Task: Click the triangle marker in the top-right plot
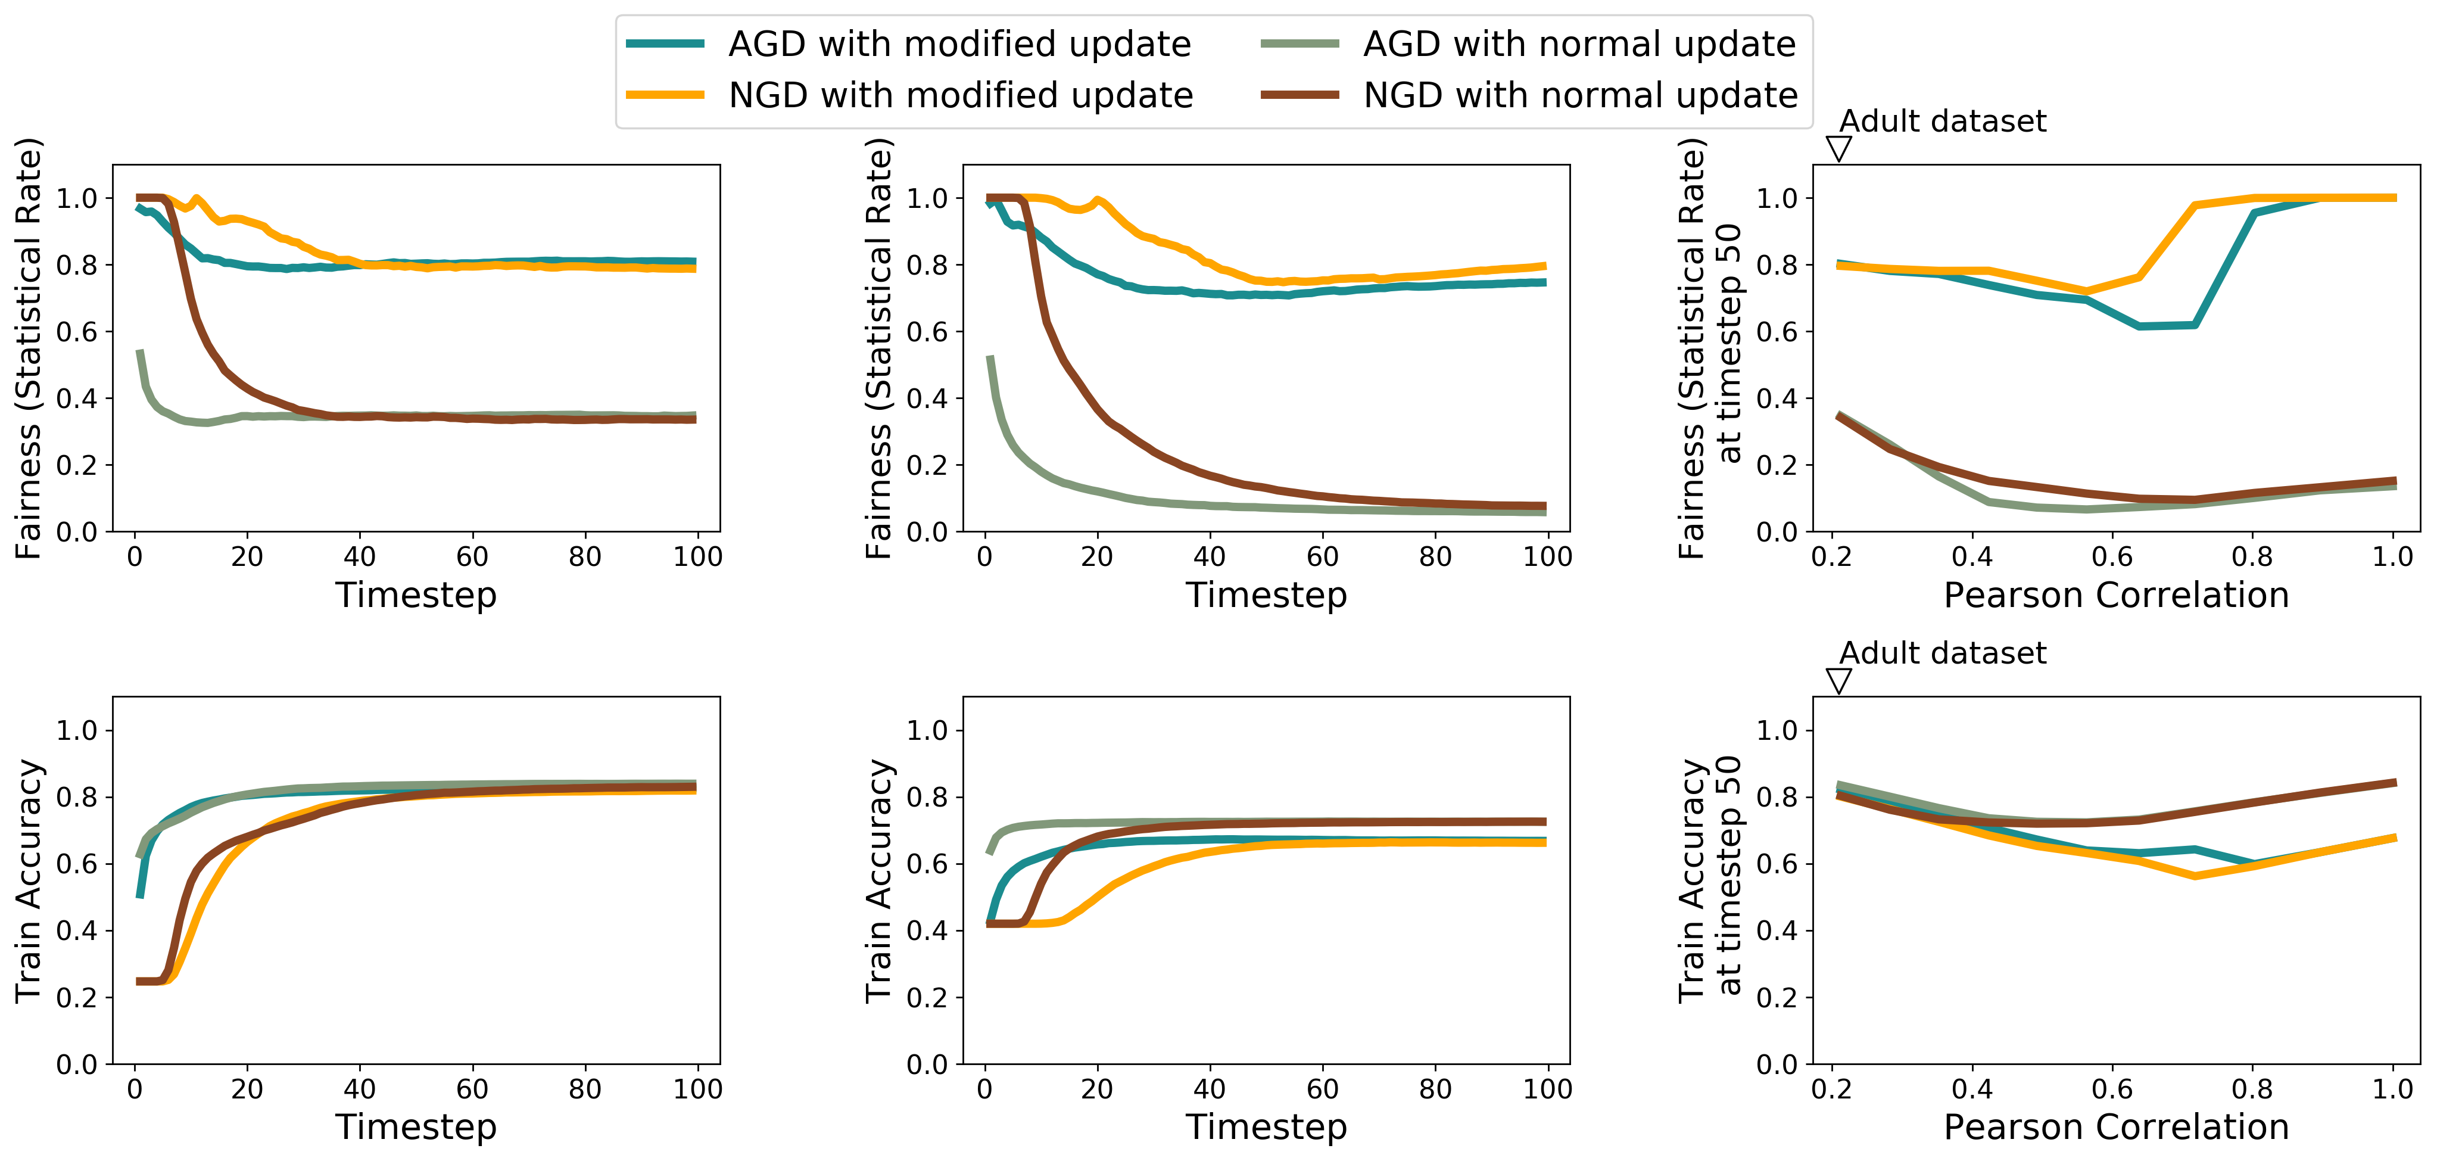pyautogui.click(x=1838, y=148)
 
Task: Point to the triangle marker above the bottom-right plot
pyautogui.click(x=1838, y=680)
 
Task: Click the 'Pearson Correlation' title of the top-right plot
pyautogui.click(x=2116, y=595)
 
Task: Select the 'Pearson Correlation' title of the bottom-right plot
pyautogui.click(x=2116, y=1127)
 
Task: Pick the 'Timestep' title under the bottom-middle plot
pyautogui.click(x=1267, y=1128)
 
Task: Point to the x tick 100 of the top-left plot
pyautogui.click(x=698, y=556)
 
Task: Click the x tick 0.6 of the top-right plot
pyautogui.click(x=2112, y=556)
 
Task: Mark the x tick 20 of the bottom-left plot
pyautogui.click(x=247, y=1089)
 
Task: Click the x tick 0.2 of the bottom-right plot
pyautogui.click(x=1831, y=1089)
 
